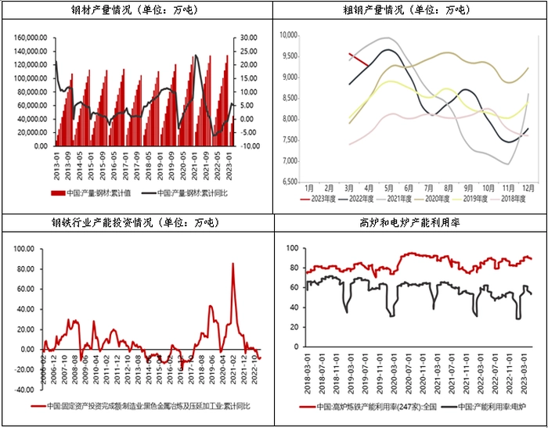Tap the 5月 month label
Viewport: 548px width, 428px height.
coord(388,189)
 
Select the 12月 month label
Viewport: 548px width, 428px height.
coord(528,189)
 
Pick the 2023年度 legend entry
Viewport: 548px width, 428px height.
coord(320,199)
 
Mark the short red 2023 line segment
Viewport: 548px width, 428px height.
coord(358,58)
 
